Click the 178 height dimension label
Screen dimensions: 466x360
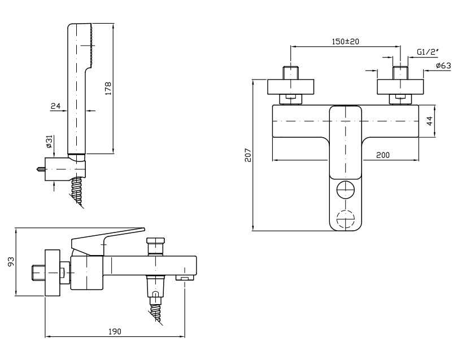[108, 88]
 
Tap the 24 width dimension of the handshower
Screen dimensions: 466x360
[56, 106]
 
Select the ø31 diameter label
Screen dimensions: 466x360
[49, 142]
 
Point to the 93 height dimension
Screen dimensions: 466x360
[11, 261]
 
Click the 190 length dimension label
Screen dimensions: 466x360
[115, 331]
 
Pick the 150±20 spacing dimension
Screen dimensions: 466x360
[345, 41]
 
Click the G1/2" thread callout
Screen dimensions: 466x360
[428, 52]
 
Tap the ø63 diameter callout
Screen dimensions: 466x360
[443, 65]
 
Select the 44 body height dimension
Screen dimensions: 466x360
[429, 121]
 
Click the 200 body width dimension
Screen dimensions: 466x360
[383, 155]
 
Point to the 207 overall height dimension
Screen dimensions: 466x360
[248, 155]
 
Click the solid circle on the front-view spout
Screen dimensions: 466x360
[346, 190]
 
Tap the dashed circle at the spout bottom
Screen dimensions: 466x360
[346, 219]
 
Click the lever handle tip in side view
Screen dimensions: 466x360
[143, 229]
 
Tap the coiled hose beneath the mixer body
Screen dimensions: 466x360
[156, 311]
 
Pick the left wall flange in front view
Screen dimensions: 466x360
[290, 87]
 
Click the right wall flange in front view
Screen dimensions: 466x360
[400, 87]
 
